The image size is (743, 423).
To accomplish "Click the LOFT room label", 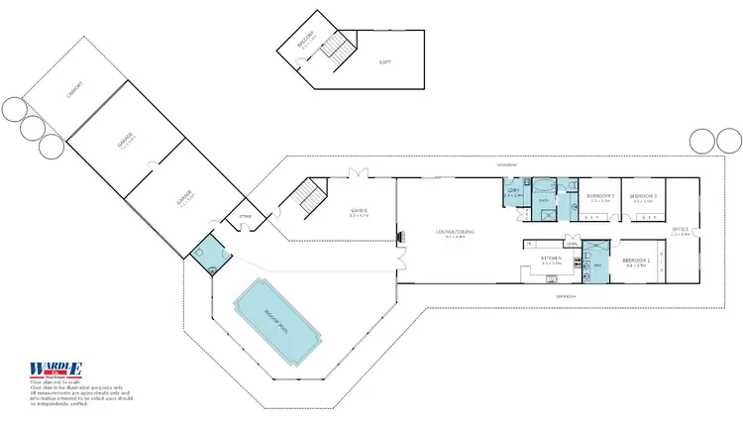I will click(x=385, y=62).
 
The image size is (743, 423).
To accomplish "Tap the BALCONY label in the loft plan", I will click(x=307, y=43).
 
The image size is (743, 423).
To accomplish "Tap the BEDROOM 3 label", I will click(x=643, y=196).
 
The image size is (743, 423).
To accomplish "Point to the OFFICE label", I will click(x=680, y=230).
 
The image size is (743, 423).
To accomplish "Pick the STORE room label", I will click(x=246, y=217).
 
